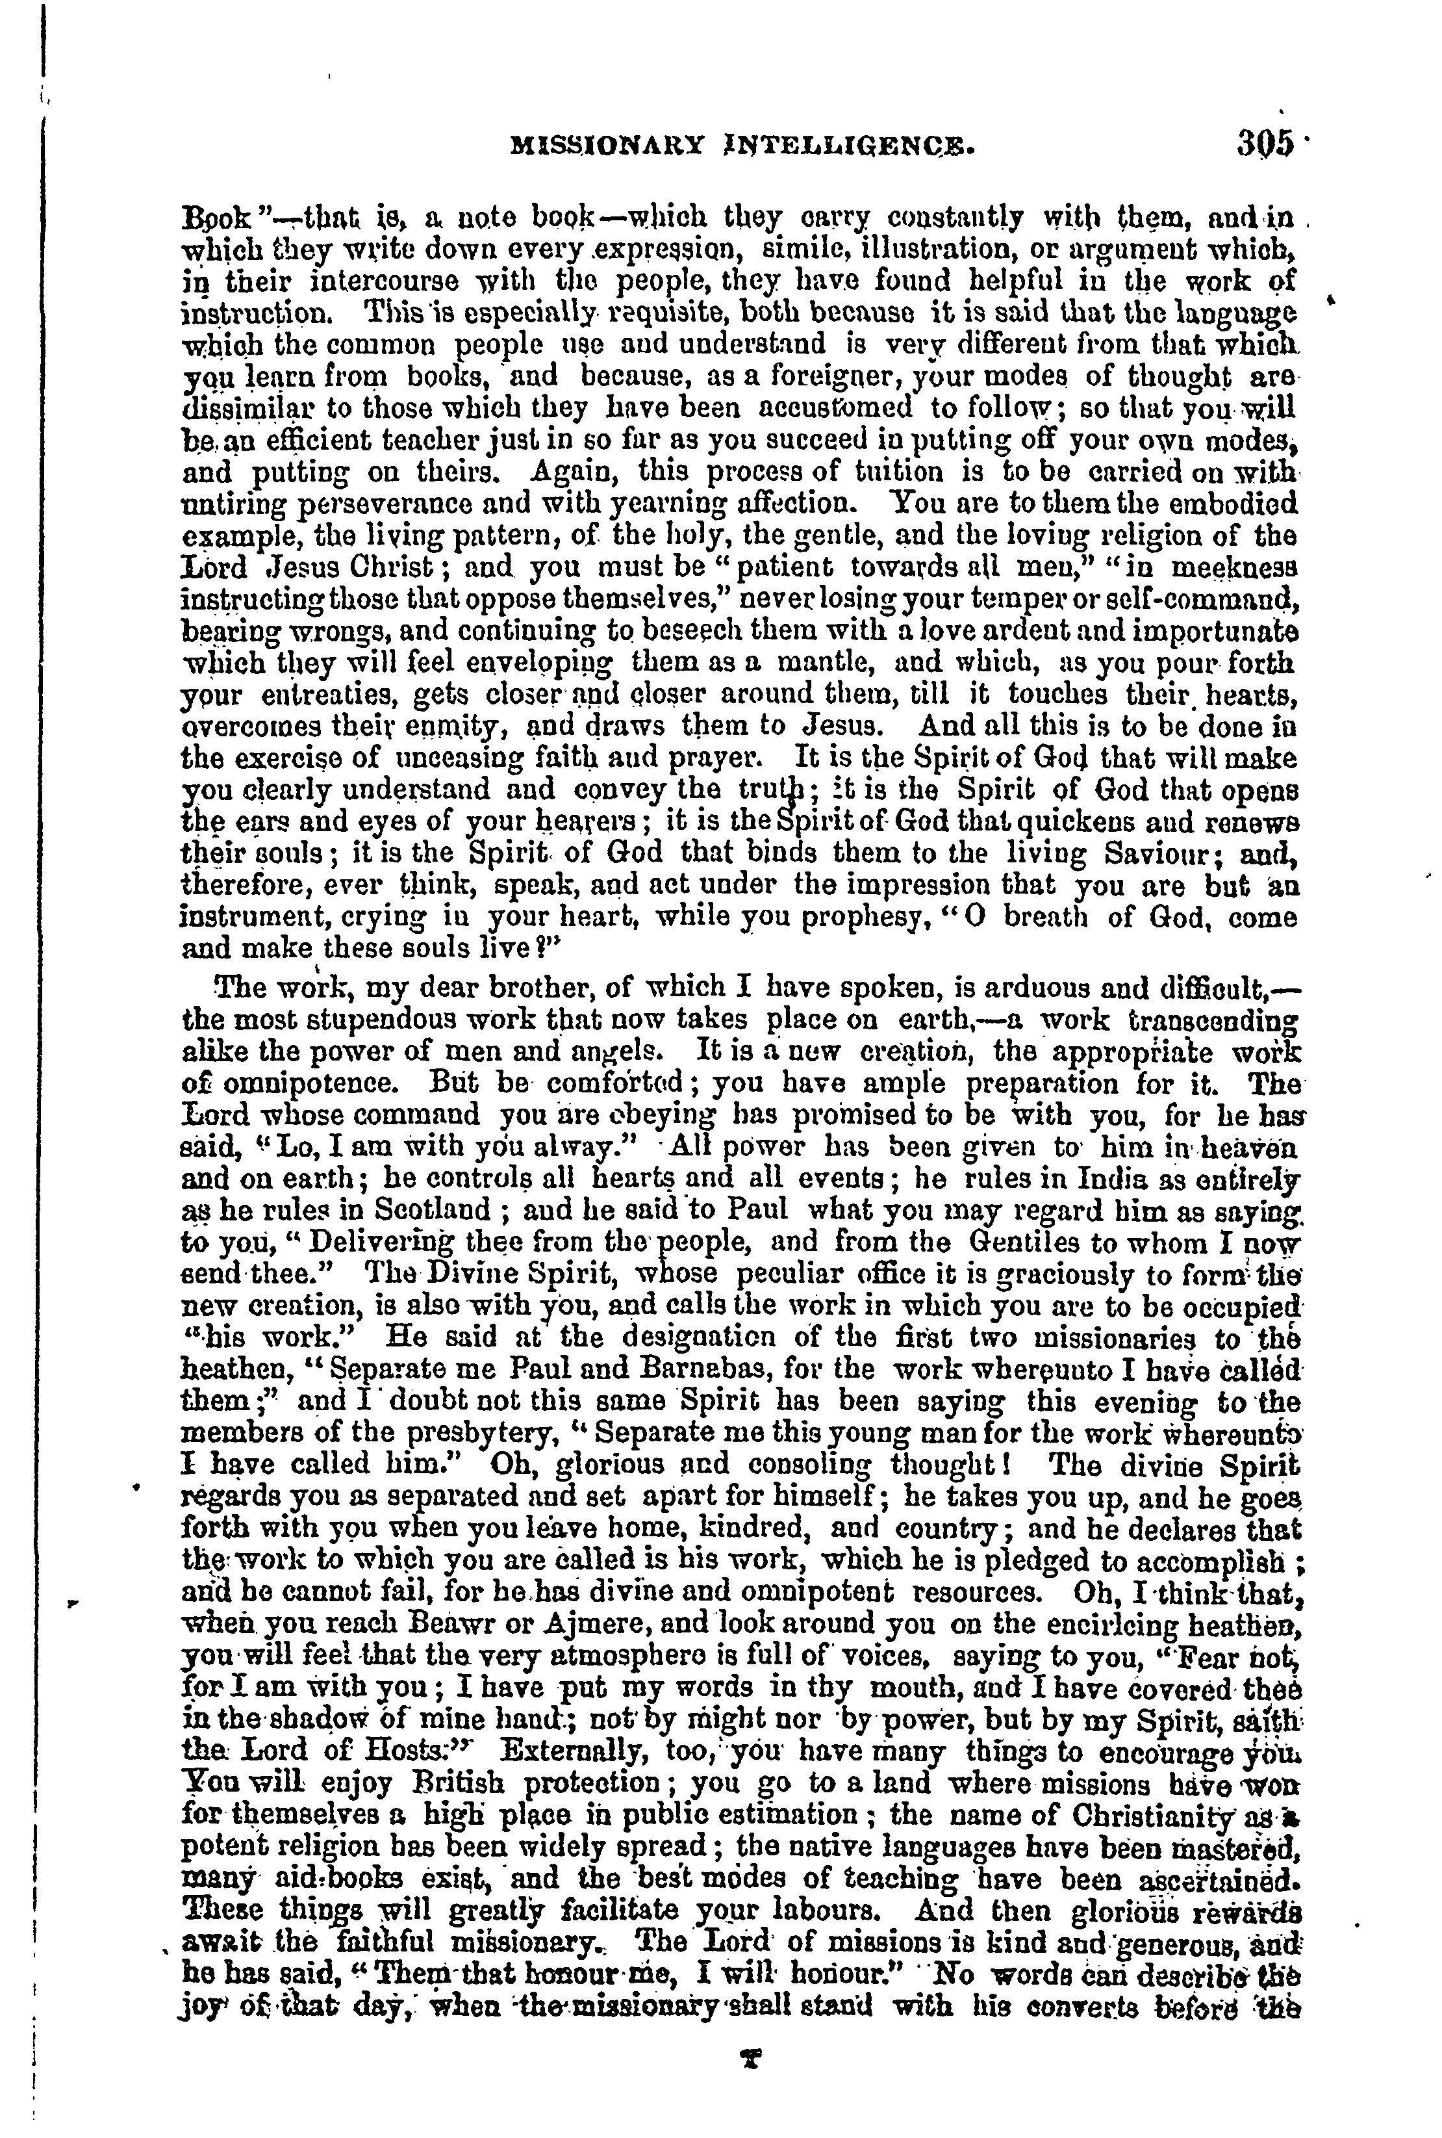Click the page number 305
coord(1265,146)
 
